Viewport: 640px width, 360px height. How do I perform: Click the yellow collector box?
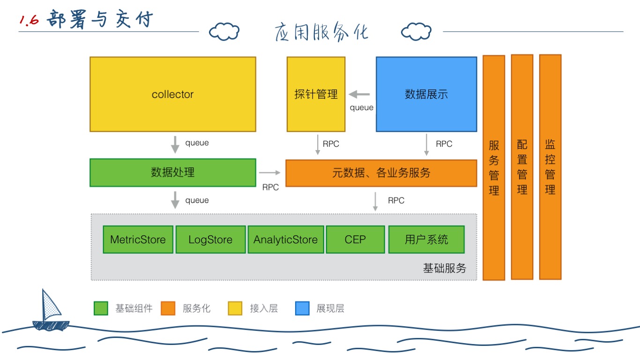click(173, 94)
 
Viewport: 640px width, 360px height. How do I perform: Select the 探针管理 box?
click(316, 94)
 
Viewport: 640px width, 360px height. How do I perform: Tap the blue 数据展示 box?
click(426, 94)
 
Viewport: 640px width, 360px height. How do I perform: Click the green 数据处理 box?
click(173, 172)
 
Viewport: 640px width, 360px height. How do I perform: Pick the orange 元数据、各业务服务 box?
click(381, 173)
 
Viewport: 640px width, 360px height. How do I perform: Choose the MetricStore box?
click(138, 240)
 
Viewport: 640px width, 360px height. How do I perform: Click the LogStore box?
click(210, 240)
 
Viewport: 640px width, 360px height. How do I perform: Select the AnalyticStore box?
click(285, 240)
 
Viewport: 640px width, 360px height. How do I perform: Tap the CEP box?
click(355, 240)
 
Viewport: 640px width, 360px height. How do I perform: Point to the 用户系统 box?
click(426, 240)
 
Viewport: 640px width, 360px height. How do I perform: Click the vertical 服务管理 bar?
click(494, 167)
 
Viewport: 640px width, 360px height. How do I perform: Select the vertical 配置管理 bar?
click(522, 167)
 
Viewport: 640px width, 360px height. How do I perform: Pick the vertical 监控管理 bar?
click(550, 167)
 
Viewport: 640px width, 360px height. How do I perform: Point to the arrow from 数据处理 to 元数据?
click(269, 172)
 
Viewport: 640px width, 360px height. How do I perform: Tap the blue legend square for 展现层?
click(302, 308)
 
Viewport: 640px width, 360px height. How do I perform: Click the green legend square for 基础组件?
click(101, 308)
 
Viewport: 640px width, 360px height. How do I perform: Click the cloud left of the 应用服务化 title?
click(224, 32)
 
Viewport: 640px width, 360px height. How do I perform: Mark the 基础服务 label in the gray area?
click(445, 269)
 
